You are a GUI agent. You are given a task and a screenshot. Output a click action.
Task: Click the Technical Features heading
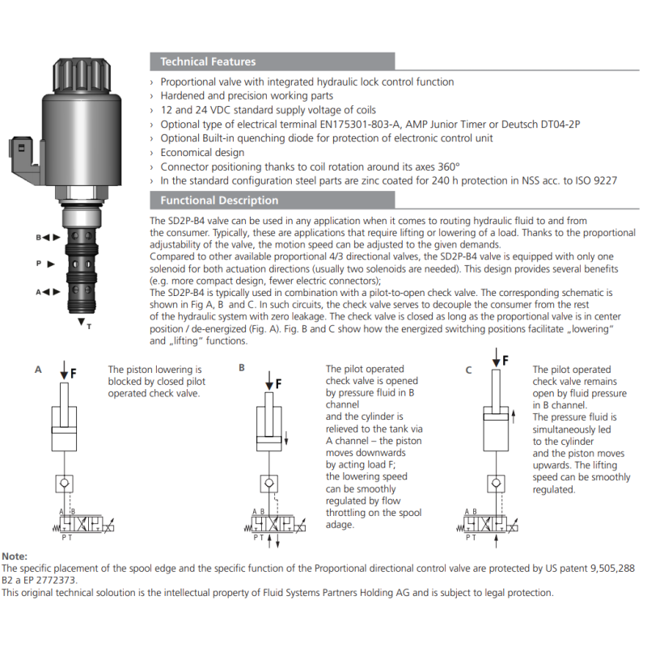coord(208,61)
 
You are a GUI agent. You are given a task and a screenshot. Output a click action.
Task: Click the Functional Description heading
coord(219,201)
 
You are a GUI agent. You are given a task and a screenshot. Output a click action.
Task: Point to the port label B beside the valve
coord(37,237)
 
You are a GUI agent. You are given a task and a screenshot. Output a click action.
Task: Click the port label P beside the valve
coord(38,264)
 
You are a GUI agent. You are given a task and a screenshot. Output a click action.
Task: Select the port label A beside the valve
coord(37,292)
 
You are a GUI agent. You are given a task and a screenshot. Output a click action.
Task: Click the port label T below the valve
coord(89,326)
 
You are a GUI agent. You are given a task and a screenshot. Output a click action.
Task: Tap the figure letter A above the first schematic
coord(38,370)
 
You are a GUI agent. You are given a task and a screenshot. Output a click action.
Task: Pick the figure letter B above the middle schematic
coord(241,367)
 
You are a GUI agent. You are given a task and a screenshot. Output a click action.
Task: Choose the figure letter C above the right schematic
coord(468,370)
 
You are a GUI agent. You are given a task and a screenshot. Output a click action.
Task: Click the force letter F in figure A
coord(73,373)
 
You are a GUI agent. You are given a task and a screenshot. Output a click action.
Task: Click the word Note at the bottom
coord(15,556)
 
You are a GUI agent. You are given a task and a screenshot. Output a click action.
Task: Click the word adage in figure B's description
coord(340,524)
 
